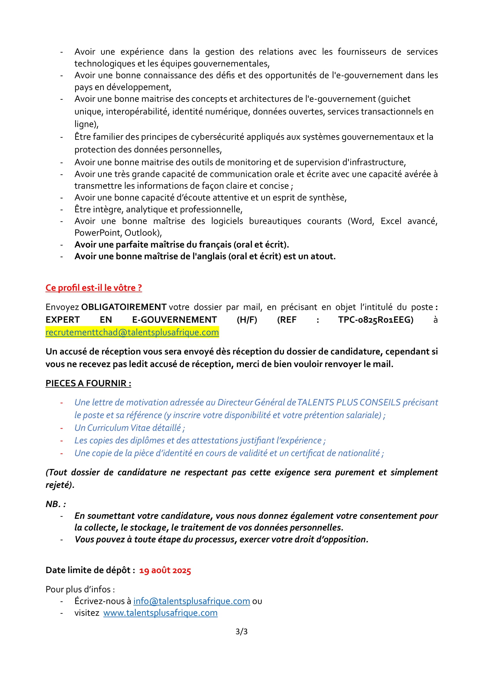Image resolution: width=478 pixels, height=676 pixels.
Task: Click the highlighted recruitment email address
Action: (132, 332)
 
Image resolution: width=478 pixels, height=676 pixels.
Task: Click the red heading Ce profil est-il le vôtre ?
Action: (94, 288)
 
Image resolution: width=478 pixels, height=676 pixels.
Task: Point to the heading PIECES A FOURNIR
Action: (88, 383)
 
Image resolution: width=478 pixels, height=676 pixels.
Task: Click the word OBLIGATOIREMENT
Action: (124, 307)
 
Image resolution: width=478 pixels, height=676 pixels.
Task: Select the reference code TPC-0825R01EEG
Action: (376, 320)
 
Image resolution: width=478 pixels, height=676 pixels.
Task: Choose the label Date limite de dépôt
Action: (90, 570)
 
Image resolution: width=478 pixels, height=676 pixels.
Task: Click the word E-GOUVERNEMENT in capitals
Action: (175, 320)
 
